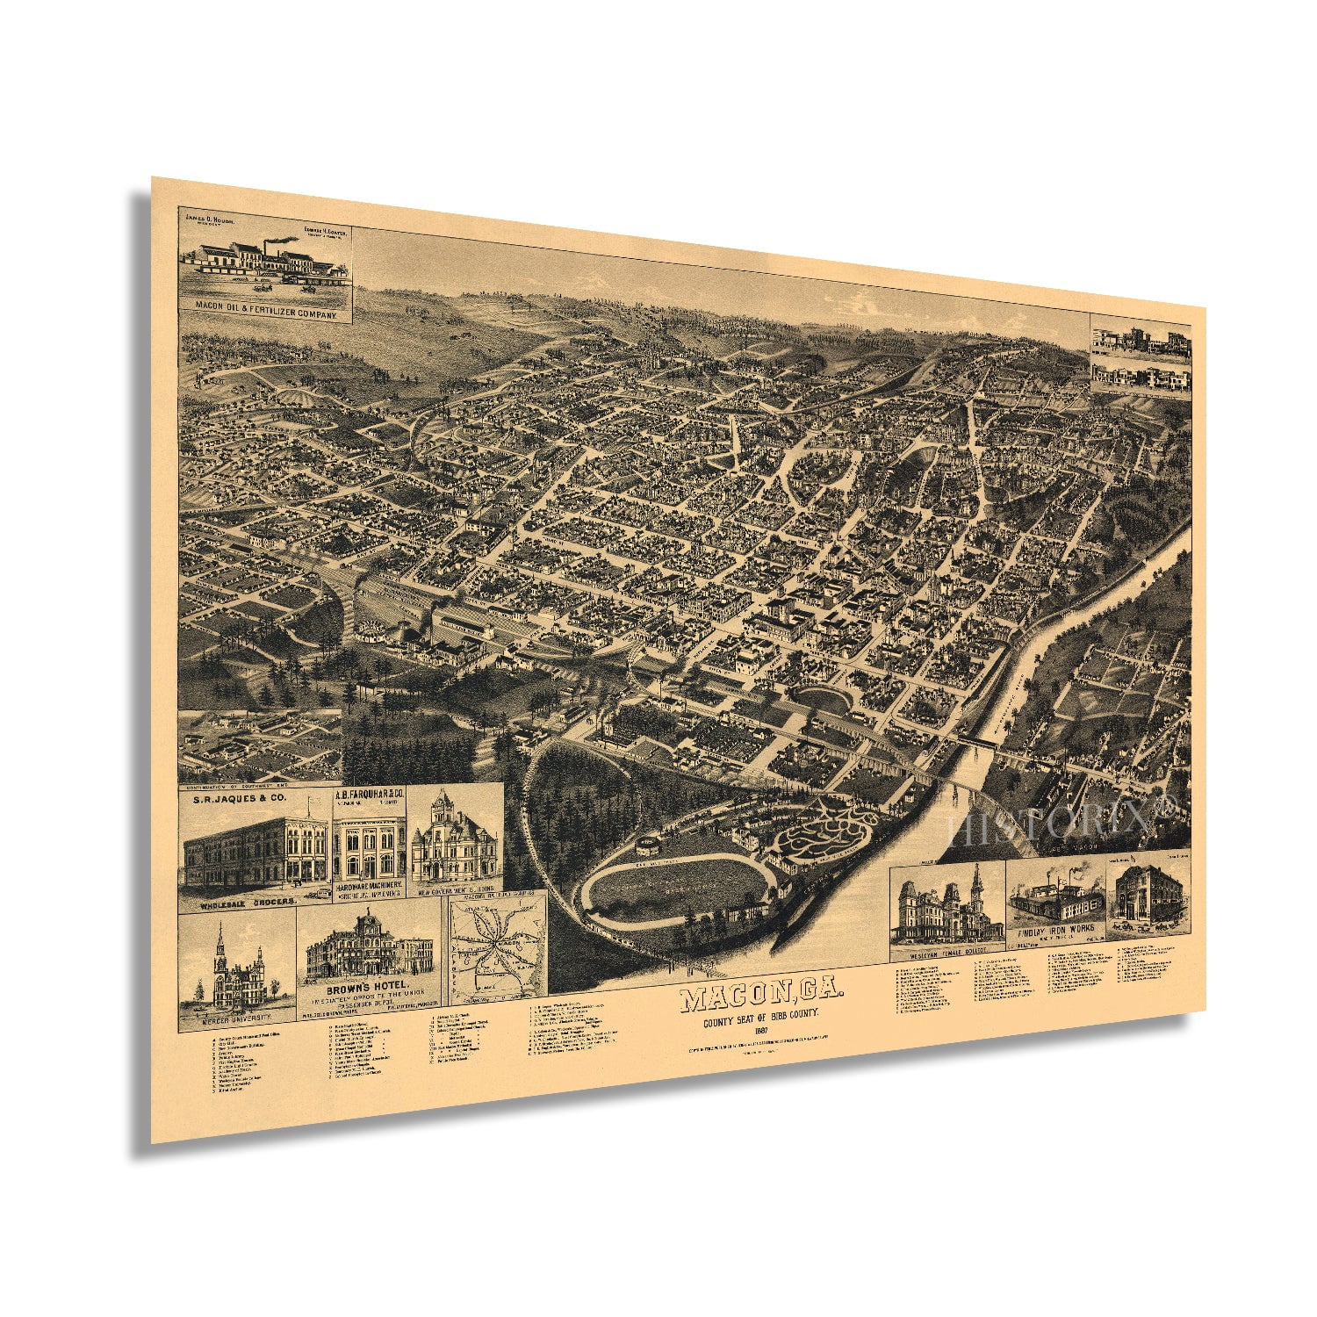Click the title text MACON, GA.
(x=760, y=999)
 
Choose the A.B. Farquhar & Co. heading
(x=370, y=795)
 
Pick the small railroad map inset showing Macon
(x=498, y=953)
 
